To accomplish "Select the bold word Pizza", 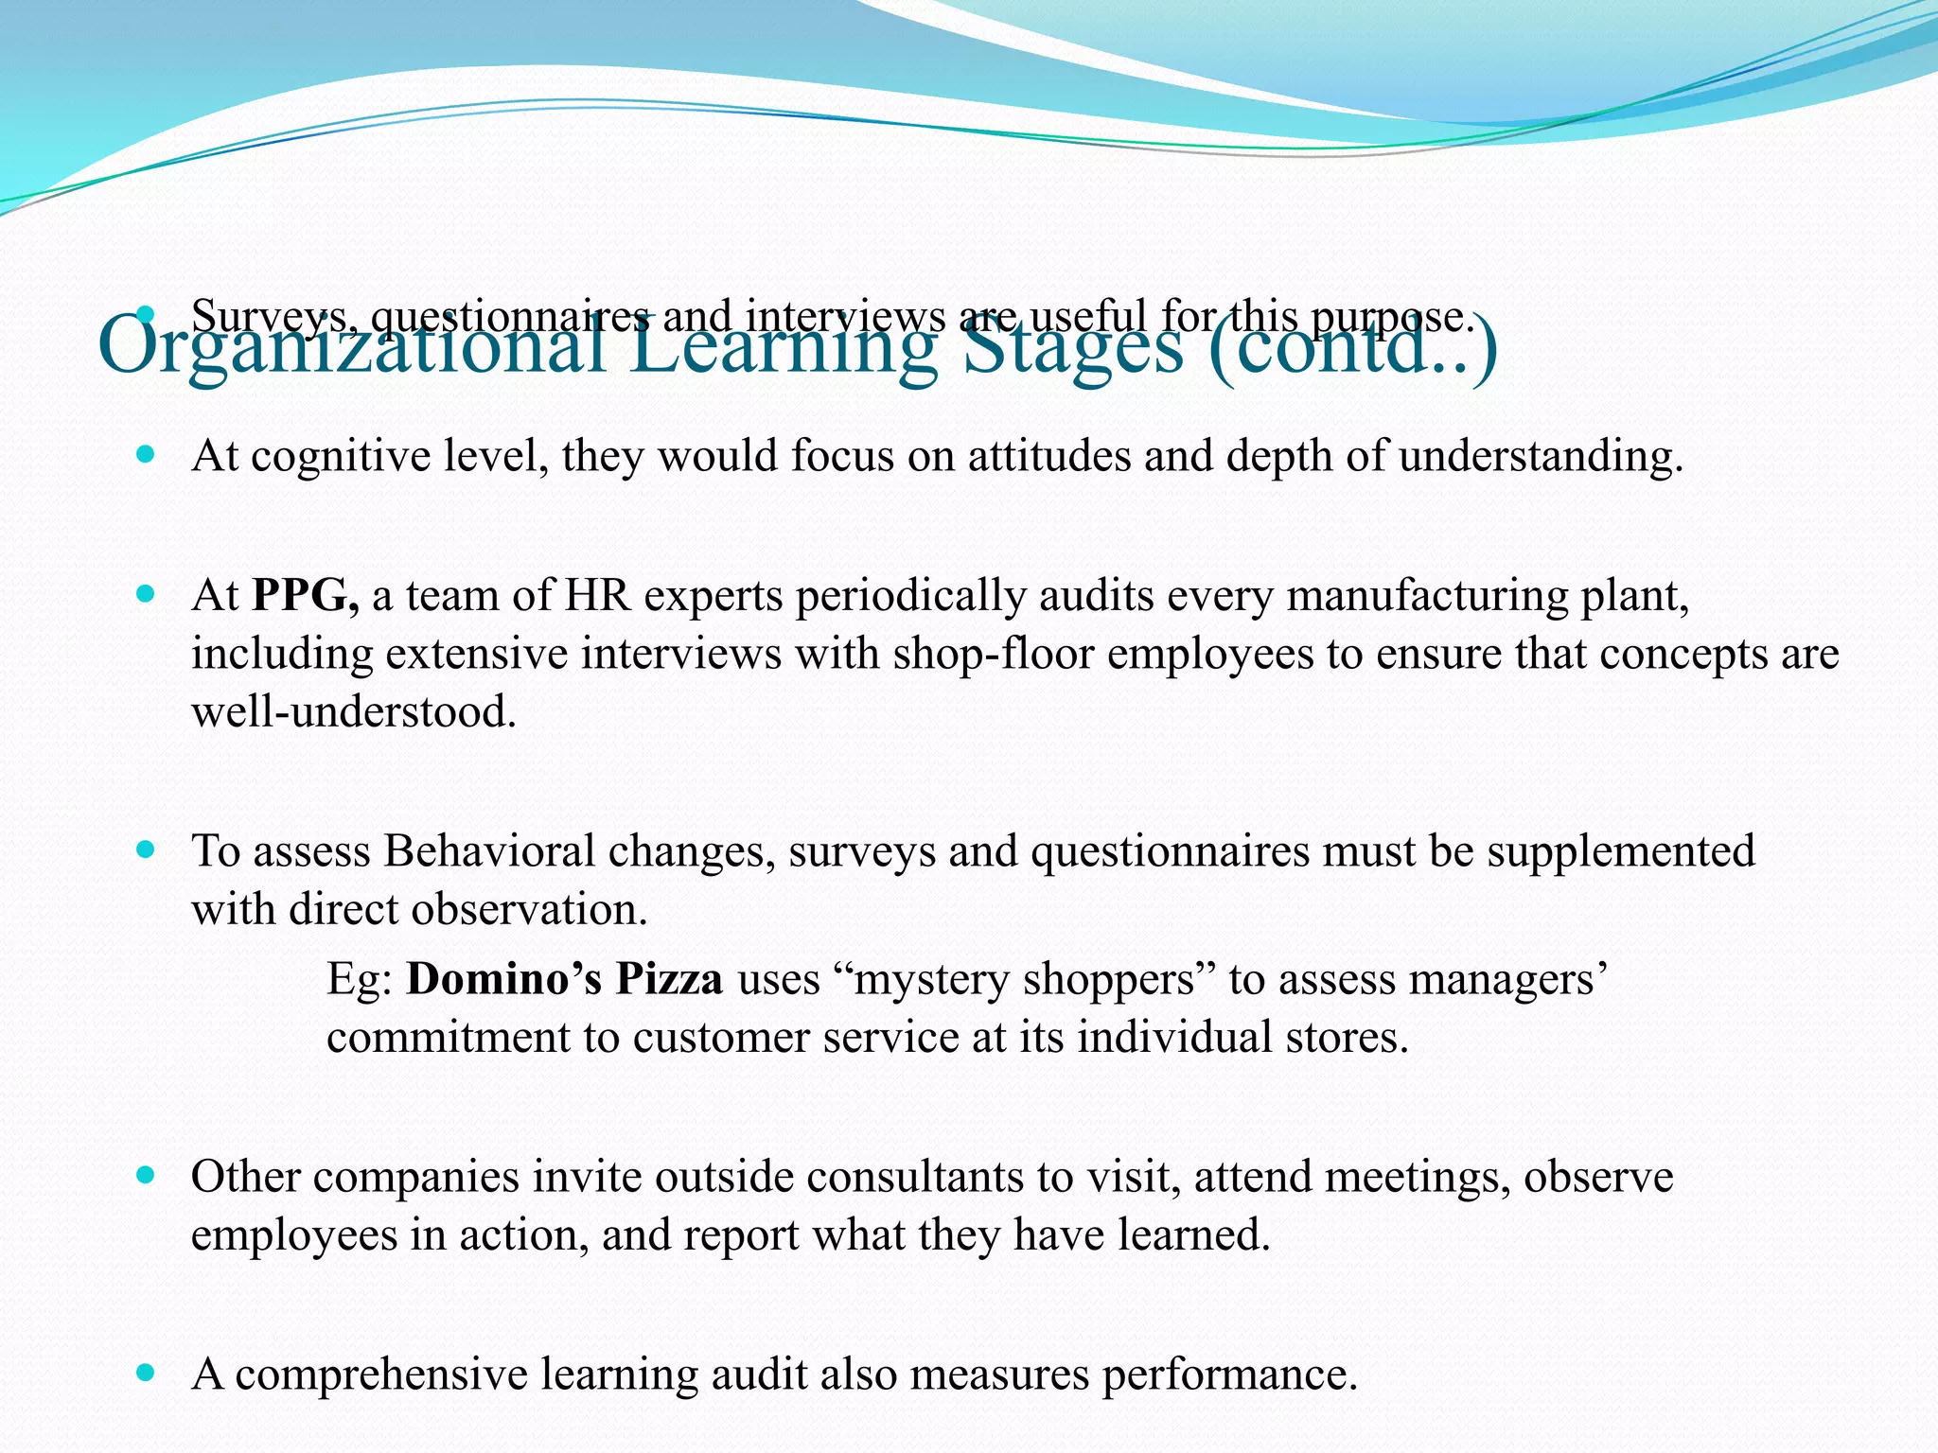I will coord(670,979).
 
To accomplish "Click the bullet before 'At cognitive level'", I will coord(145,456).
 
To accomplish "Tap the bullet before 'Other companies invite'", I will coord(145,1177).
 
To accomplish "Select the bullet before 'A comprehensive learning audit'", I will coord(145,1373).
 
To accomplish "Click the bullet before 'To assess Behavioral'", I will coord(145,850).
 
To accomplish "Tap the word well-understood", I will coord(354,711).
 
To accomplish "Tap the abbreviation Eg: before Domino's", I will coord(360,979).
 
